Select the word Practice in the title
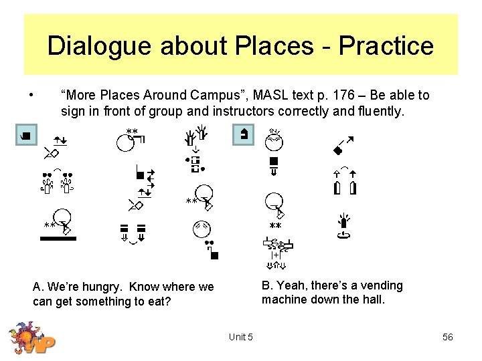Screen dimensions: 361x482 (386, 46)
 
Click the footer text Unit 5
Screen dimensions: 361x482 (240, 337)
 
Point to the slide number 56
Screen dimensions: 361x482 (447, 337)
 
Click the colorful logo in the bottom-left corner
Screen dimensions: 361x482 (31, 338)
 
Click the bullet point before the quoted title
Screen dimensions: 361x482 (31, 94)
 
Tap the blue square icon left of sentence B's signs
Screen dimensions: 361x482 (243, 134)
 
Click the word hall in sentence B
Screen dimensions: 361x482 (374, 299)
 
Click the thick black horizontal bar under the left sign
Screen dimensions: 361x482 (58, 238)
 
